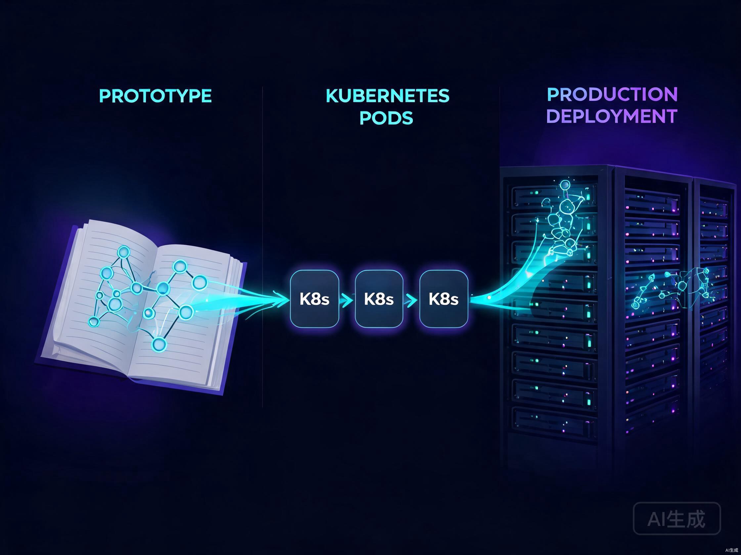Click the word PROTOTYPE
(x=155, y=96)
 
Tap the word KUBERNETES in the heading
(x=388, y=96)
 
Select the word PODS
(x=386, y=118)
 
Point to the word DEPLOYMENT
(x=612, y=116)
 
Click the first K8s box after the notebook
(x=315, y=299)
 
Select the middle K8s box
(x=379, y=299)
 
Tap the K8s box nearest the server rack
(x=444, y=299)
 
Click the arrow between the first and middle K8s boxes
(x=347, y=300)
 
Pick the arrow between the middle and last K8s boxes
(x=412, y=300)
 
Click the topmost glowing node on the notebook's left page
(x=124, y=252)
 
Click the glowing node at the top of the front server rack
(x=565, y=184)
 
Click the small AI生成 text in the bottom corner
(x=732, y=550)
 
